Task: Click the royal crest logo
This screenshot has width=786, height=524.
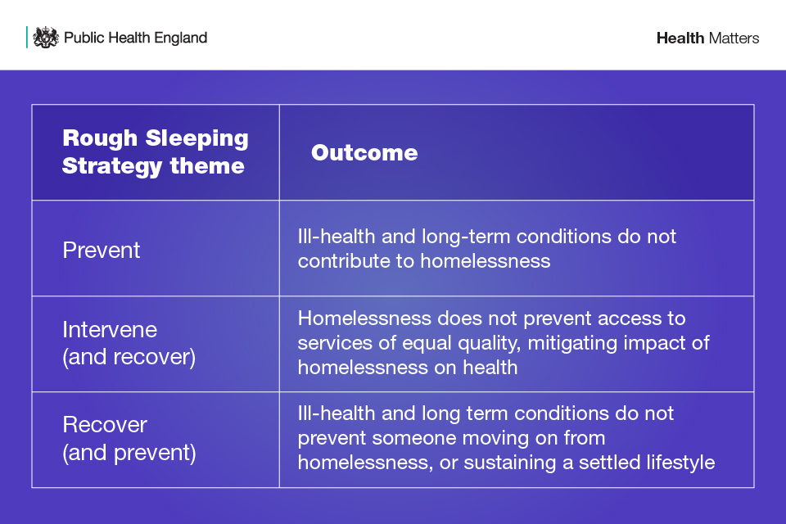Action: pos(46,38)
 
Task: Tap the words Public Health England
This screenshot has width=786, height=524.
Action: pos(135,38)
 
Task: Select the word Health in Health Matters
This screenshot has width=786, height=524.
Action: pos(680,38)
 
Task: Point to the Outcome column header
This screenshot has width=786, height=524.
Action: pos(364,153)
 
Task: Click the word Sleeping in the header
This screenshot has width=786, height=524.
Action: pos(196,139)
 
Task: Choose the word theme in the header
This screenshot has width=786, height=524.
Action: pos(207,166)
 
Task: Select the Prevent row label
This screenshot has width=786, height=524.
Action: pos(102,251)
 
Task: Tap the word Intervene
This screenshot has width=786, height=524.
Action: pos(110,330)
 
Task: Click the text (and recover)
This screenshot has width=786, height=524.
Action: pos(129,357)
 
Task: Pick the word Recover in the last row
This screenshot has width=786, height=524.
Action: pos(105,425)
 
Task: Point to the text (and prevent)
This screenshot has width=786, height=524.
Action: pos(129,453)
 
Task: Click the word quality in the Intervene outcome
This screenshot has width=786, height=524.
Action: pos(490,344)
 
